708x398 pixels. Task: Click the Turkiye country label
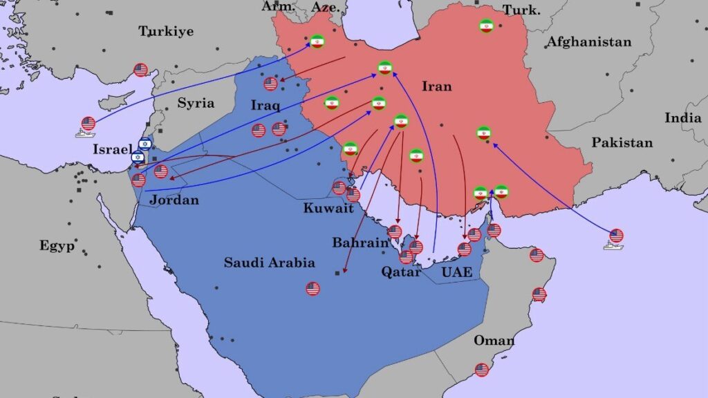(166, 31)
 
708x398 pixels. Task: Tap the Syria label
(196, 103)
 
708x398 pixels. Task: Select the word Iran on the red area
(436, 86)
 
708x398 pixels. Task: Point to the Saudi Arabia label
(269, 263)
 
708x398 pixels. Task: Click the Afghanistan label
(589, 42)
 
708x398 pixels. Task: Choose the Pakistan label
(622, 143)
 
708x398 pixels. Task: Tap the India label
(683, 118)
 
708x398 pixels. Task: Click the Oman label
(494, 340)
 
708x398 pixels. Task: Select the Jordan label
(174, 200)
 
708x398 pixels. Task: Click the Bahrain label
(360, 243)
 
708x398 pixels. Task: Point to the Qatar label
(401, 272)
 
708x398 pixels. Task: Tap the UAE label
(457, 273)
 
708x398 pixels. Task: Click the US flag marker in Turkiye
(141, 70)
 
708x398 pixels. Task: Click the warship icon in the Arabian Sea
(614, 239)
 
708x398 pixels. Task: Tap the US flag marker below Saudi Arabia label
(313, 289)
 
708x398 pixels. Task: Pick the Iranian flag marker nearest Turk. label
(486, 26)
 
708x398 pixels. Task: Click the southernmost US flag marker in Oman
(482, 370)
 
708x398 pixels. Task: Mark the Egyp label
(57, 246)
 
